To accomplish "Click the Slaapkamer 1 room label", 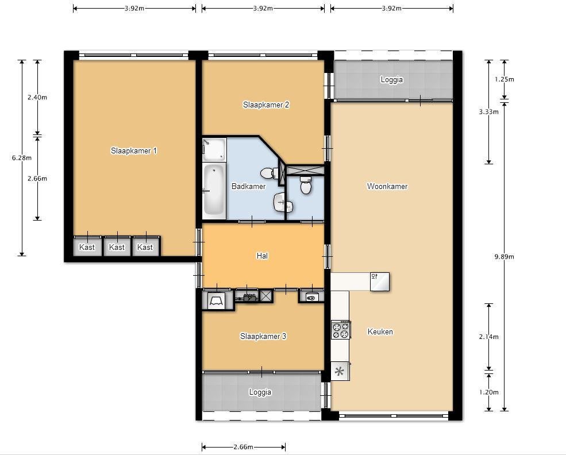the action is pos(133,151).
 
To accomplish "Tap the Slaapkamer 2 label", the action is pos(266,105).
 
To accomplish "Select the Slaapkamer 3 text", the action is pos(263,336).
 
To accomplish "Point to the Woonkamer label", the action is pos(387,186).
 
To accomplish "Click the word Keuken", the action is pos(380,331).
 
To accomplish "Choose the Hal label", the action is pos(262,256).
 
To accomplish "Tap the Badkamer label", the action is pos(248,186).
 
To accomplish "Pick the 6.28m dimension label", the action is pos(22,157).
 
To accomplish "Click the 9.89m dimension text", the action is pos(505,257).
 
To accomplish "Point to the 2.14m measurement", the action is pos(489,337).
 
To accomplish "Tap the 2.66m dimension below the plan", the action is pos(243,447).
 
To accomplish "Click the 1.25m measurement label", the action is pos(505,79).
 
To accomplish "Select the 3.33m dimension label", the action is pos(489,112).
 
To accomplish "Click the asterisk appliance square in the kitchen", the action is pos(340,371).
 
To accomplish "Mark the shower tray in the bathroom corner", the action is pos(214,149).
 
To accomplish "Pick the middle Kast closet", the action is pos(117,247).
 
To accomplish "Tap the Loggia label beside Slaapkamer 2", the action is pos(392,79).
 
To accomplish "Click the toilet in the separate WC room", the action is pos(306,185).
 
